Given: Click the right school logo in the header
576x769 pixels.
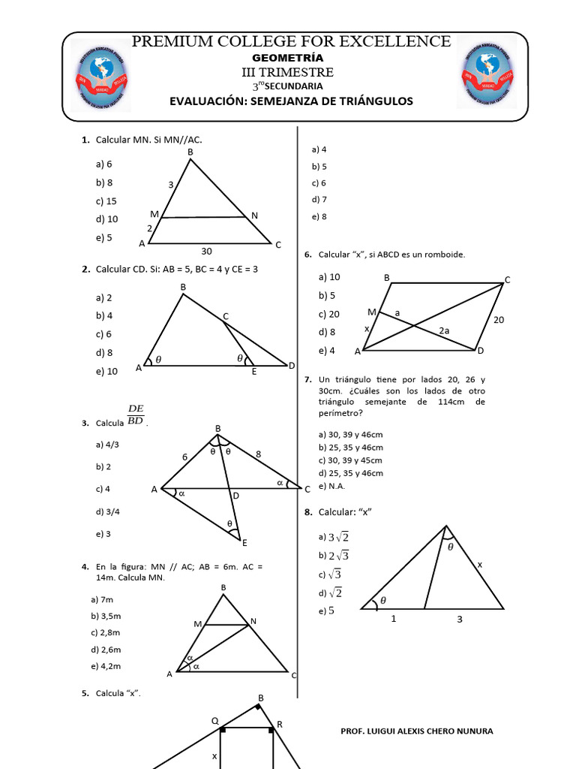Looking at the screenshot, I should point(487,74).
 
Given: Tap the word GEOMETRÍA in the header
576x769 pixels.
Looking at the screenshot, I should point(288,58).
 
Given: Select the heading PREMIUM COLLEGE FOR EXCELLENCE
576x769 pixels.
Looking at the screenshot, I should point(291,41).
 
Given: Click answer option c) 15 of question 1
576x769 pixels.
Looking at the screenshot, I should point(106,201).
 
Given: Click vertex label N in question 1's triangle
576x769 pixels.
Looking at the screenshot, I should point(255,216).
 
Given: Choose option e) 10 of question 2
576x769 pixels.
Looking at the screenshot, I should point(106,371).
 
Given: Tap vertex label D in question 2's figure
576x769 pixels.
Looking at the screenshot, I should point(292,365).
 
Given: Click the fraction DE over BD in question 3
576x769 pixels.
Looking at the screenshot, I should point(136,415).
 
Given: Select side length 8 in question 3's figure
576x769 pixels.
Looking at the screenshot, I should point(259,454).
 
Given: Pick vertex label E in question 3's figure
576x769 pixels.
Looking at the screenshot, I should point(244,542).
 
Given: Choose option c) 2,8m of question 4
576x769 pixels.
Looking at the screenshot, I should point(106,633).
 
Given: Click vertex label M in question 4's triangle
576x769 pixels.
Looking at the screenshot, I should point(198,624).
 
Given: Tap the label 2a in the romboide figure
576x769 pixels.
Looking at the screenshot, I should point(444,330).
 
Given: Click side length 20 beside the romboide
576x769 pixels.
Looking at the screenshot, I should point(499,320).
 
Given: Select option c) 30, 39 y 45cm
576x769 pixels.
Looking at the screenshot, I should point(350,460).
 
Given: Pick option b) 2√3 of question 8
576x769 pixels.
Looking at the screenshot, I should point(334,556).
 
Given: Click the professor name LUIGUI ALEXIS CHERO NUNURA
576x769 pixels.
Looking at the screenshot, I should point(417,731).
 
